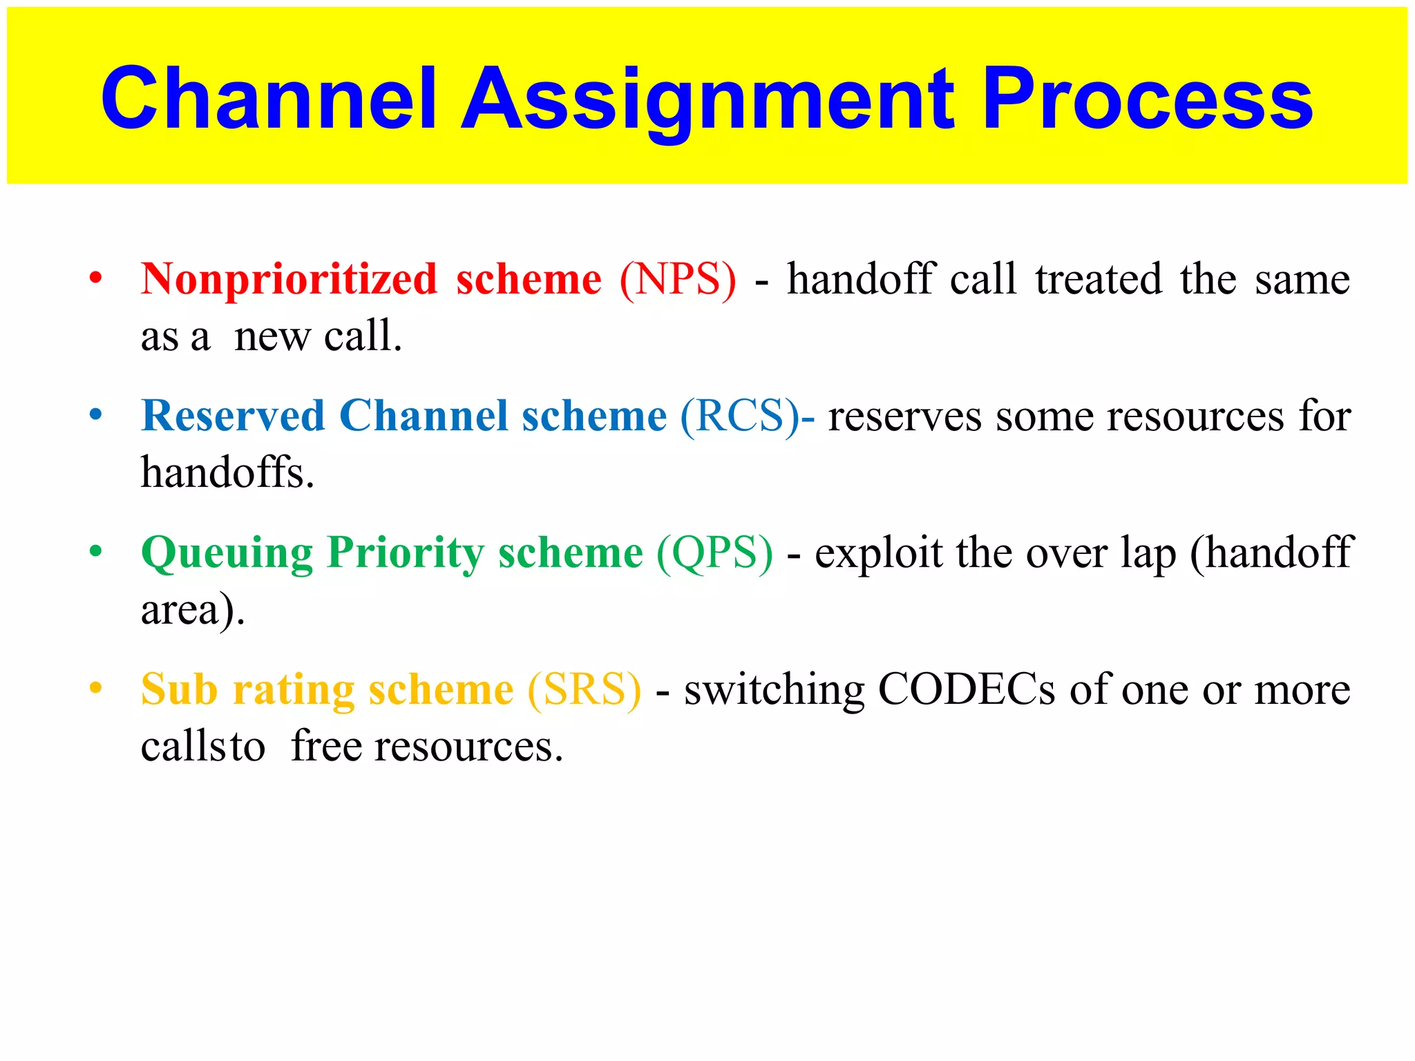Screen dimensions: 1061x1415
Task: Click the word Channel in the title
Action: point(269,98)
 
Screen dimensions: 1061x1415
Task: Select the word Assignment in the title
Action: point(708,98)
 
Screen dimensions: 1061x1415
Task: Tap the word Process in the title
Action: point(1147,98)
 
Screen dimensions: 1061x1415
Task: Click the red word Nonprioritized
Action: point(289,280)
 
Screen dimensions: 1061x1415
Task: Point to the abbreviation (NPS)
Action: point(678,280)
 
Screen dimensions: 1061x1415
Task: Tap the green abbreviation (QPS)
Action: point(714,553)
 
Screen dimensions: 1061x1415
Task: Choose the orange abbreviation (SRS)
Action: point(585,690)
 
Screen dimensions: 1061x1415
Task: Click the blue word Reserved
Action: point(233,417)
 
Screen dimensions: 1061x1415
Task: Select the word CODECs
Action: point(967,690)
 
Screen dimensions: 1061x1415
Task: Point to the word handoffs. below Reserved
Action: point(227,473)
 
